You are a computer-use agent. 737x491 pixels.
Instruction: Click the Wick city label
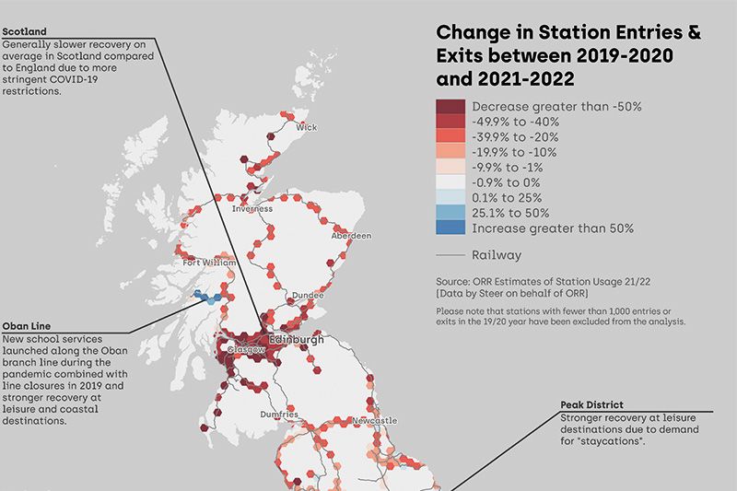307,126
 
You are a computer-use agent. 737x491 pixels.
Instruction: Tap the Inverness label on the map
252,209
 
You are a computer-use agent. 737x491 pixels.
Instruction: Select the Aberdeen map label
351,236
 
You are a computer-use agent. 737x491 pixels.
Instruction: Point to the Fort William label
204,263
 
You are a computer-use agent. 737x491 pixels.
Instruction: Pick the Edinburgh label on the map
297,341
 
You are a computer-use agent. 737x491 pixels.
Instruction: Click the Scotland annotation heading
25,32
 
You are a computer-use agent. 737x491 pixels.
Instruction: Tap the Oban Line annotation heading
28,325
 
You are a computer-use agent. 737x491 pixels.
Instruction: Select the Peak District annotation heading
591,404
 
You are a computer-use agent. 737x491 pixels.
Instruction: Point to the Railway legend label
497,255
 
